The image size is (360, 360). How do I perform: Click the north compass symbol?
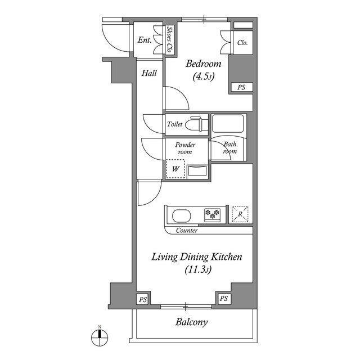coord(100,337)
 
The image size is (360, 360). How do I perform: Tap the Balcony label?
coord(191,322)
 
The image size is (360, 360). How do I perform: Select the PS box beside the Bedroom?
coord(241,87)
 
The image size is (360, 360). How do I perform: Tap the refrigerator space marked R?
coord(240,214)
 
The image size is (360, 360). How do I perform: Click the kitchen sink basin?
coord(182,215)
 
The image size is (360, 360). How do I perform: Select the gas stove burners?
coord(213,214)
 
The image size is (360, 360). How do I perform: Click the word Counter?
coord(186,231)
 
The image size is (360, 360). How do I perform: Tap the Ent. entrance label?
coord(145,40)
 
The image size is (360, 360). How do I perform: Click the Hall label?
coord(149,73)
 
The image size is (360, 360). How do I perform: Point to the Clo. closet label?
coord(243,43)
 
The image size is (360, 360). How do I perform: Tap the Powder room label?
coord(184,148)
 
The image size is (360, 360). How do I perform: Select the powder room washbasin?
coord(197,170)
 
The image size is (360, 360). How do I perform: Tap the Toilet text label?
coord(174,124)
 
